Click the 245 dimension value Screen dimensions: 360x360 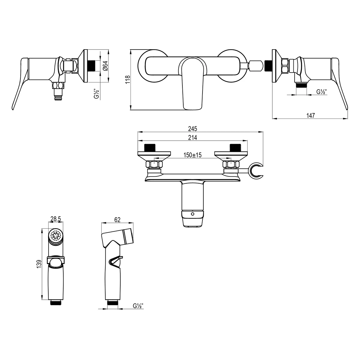(x=192, y=129)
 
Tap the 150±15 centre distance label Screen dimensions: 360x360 (x=192, y=155)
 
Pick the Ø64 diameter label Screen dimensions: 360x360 (x=105, y=66)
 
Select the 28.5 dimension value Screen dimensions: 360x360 (x=56, y=219)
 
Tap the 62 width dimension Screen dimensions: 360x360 (x=117, y=219)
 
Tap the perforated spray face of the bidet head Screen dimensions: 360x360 (x=55, y=235)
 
